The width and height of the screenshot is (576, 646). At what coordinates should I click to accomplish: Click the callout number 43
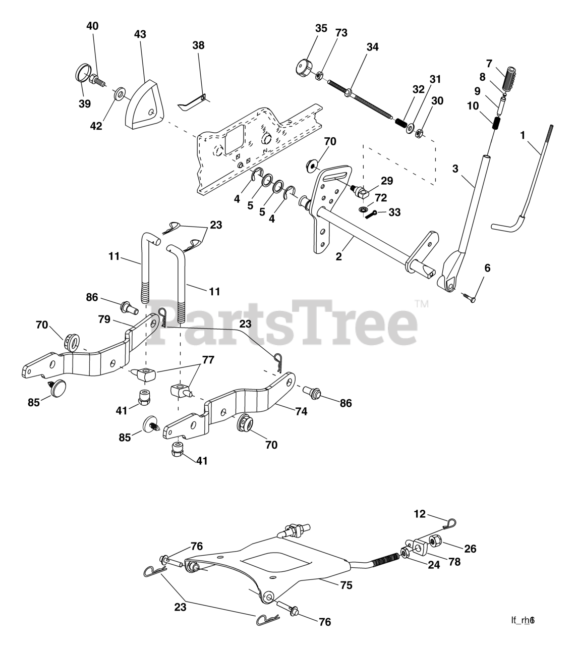(140, 34)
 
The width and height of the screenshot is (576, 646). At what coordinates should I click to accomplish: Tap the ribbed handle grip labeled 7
(512, 78)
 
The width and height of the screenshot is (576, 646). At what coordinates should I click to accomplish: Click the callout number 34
(372, 47)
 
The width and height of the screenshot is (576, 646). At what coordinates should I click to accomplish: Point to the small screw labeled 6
(469, 297)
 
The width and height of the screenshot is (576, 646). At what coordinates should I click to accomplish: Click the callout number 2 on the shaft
(339, 256)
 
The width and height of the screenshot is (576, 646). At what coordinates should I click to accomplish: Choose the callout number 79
(104, 319)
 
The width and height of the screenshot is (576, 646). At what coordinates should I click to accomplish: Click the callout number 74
(301, 411)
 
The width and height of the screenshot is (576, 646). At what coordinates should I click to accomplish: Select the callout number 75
(346, 585)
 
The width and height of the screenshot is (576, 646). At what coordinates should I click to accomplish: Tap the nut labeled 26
(434, 543)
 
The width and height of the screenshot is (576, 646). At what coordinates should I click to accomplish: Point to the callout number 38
(199, 45)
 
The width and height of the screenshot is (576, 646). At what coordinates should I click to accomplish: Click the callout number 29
(387, 180)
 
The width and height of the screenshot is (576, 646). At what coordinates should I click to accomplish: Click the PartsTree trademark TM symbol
(421, 304)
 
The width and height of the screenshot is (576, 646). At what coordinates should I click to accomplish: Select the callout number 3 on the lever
(455, 169)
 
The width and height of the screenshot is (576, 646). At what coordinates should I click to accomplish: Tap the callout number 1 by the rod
(523, 135)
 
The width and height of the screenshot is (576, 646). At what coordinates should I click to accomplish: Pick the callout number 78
(454, 561)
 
